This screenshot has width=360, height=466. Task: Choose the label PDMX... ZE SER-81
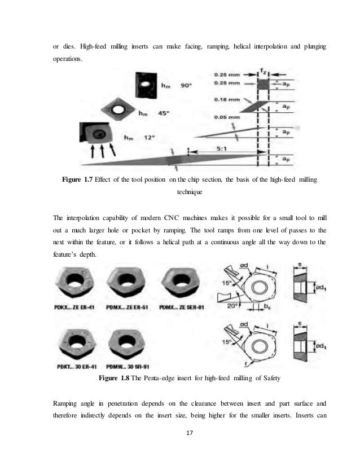click(x=185, y=308)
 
